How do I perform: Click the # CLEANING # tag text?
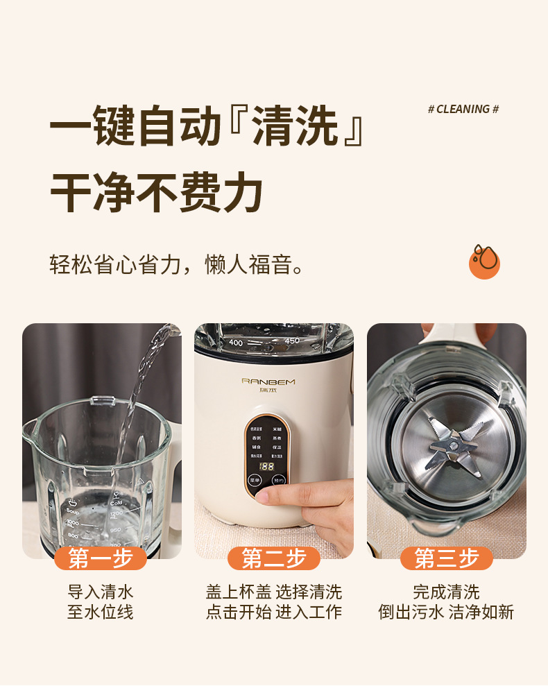coord(463,110)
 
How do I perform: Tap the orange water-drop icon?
coord(484,261)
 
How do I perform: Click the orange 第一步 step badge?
coord(101,558)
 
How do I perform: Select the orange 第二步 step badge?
coord(274,558)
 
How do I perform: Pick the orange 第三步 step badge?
coord(447,558)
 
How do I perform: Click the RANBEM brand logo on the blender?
coord(268,381)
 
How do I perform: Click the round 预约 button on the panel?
coord(278,480)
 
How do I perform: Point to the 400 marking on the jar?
coord(236,343)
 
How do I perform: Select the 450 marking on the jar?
coord(291,341)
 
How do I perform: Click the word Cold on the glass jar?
coord(116,503)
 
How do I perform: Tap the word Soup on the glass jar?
coord(73,511)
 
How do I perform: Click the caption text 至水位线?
coord(101,612)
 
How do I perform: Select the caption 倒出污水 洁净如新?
coord(446,612)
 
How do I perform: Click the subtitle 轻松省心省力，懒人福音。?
coord(177,264)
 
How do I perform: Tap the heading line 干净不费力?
coord(157,192)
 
